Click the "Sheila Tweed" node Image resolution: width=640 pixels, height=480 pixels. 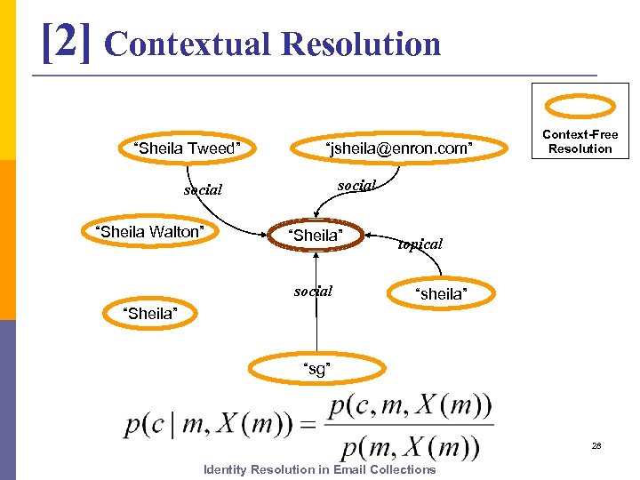pyautogui.click(x=187, y=148)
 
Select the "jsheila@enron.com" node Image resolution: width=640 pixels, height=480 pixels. pyautogui.click(x=399, y=148)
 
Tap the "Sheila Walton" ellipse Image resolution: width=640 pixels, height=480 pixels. pyautogui.click(x=149, y=232)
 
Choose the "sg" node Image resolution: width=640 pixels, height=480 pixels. pyautogui.click(x=317, y=368)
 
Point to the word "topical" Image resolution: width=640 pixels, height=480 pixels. pyautogui.click(x=420, y=244)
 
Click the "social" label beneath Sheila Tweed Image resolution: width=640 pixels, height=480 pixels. pyautogui.click(x=203, y=190)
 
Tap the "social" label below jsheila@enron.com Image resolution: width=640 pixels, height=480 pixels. pyautogui.click(x=356, y=185)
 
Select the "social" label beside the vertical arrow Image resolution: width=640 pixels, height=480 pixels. pyautogui.click(x=313, y=291)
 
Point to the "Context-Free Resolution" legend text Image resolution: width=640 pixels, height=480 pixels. pyautogui.click(x=580, y=141)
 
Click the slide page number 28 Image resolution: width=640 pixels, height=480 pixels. pyautogui.click(x=596, y=445)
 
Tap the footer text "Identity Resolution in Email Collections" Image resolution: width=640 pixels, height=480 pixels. pyautogui.click(x=320, y=469)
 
